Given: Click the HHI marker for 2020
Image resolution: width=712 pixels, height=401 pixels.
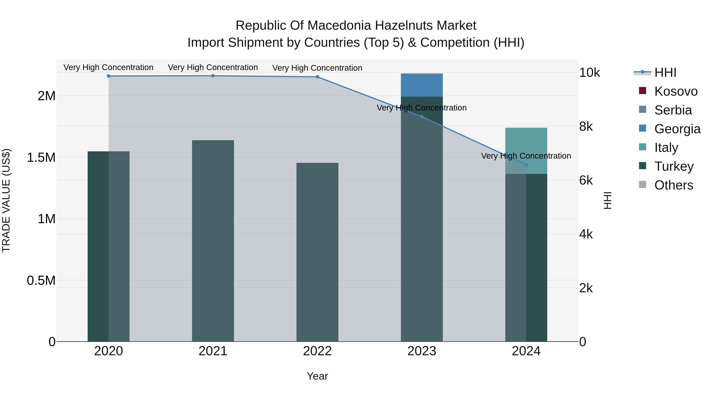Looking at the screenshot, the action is (109, 76).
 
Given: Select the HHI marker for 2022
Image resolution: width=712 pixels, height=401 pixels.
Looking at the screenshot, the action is (317, 77).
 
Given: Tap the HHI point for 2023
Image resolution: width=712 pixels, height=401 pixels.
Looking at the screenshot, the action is (422, 117).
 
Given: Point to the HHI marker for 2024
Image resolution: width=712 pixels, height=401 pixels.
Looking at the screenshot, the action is (526, 165).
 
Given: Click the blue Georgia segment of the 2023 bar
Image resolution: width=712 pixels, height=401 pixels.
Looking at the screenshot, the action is (422, 85).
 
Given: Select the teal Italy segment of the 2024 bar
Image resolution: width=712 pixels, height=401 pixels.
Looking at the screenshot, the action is (526, 151).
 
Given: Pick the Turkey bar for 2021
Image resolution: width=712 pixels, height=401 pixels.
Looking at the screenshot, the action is (213, 241).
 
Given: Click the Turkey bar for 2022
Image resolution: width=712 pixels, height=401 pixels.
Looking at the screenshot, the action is (317, 252).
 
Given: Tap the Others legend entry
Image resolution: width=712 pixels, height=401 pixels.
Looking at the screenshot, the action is (666, 185).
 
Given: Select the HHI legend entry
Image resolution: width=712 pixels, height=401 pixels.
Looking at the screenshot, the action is (655, 72).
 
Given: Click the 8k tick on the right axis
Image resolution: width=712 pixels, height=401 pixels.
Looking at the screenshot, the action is (586, 127).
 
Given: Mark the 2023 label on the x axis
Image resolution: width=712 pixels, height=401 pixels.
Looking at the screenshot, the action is (422, 351).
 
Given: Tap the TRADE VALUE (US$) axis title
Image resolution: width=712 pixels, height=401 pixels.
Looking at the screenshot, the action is (6, 200).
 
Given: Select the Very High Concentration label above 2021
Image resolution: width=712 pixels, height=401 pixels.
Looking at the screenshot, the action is (213, 67).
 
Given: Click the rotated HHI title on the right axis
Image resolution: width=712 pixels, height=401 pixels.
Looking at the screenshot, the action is (608, 200).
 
